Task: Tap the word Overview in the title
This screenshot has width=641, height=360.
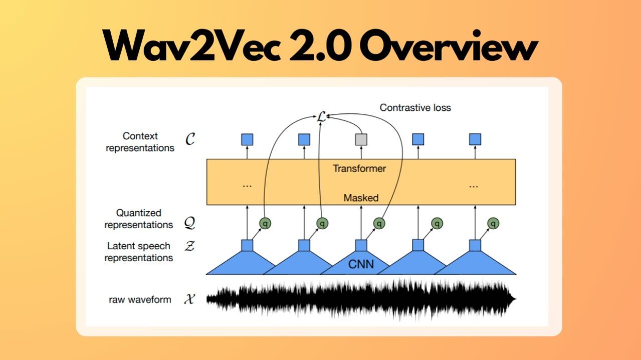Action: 448,47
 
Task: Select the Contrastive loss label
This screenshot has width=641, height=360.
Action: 415,107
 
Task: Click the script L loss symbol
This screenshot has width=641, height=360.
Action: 321,117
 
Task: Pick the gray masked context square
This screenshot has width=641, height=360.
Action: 361,139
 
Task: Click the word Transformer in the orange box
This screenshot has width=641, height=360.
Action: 359,168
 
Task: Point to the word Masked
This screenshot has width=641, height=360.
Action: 361,198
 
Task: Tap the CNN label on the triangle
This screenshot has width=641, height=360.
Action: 361,264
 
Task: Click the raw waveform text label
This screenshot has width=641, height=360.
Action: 140,300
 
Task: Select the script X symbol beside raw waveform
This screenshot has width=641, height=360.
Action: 189,300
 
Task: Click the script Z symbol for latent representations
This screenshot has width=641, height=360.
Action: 189,246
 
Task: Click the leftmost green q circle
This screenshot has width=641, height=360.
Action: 265,223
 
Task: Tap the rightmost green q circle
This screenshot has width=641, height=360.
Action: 494,223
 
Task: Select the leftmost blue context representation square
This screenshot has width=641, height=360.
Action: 247,139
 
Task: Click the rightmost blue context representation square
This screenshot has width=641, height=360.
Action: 475,139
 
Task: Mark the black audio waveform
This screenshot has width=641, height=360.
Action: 361,300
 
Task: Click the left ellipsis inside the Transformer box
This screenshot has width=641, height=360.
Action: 247,185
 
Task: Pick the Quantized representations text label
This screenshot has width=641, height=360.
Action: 139,219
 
